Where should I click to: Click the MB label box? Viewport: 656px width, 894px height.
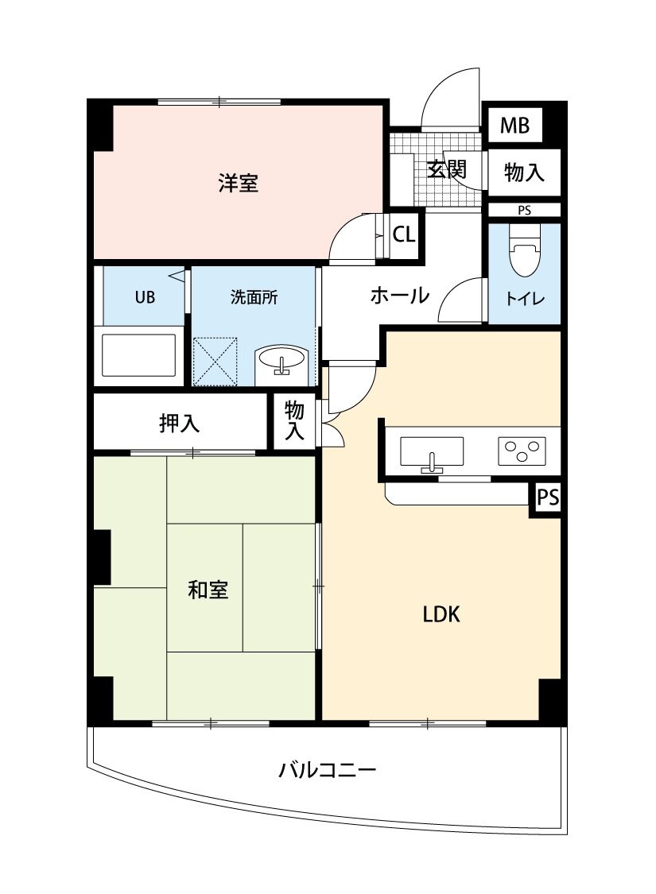(514, 126)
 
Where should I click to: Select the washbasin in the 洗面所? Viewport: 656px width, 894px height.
(281, 362)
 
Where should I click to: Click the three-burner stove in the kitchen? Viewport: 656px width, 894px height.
(522, 451)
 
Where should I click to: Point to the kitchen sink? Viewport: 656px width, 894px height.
(432, 453)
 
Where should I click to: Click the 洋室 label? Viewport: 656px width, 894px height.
(238, 184)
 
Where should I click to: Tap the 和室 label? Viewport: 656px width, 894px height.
(208, 590)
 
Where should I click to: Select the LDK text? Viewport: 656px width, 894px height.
(441, 613)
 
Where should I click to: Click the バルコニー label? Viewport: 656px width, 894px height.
(327, 769)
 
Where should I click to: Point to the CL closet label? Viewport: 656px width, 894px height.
(404, 234)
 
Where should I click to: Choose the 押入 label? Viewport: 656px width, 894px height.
(179, 424)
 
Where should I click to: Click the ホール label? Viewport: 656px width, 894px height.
(399, 296)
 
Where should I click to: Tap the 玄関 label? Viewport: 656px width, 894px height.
(445, 169)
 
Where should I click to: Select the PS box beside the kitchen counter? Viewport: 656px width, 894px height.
(546, 498)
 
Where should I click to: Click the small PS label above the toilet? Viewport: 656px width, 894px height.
(524, 211)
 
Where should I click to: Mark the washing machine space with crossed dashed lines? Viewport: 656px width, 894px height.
(215, 361)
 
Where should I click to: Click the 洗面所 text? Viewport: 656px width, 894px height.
(254, 298)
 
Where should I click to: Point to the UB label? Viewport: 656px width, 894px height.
(144, 298)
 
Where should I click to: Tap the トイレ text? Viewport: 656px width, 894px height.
(525, 300)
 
